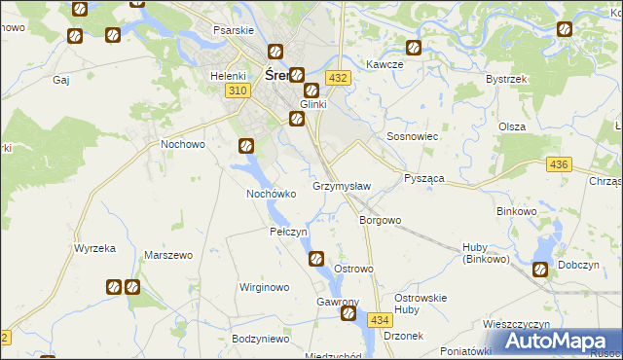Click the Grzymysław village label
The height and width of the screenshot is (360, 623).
pos(341,185)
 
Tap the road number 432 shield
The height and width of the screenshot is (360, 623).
pos(338,77)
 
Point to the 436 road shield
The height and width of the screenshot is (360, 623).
pos(558,166)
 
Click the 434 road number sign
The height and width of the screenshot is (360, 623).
pos(380,319)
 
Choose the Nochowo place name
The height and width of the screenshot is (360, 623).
pos(182,144)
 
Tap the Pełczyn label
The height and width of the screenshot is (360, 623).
pos(288,233)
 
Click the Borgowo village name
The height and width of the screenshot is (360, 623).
pos(380,220)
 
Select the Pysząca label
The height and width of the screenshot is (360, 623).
pos(424,180)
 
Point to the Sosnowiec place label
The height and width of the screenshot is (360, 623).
pos(413,137)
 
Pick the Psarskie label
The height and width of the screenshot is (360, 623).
pos(233,29)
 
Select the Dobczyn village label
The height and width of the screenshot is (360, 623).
pos(577,265)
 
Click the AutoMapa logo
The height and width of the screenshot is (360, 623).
pos(559,341)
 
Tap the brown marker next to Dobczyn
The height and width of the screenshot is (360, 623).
pos(540,270)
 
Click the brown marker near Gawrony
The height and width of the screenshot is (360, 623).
pos(348,314)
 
